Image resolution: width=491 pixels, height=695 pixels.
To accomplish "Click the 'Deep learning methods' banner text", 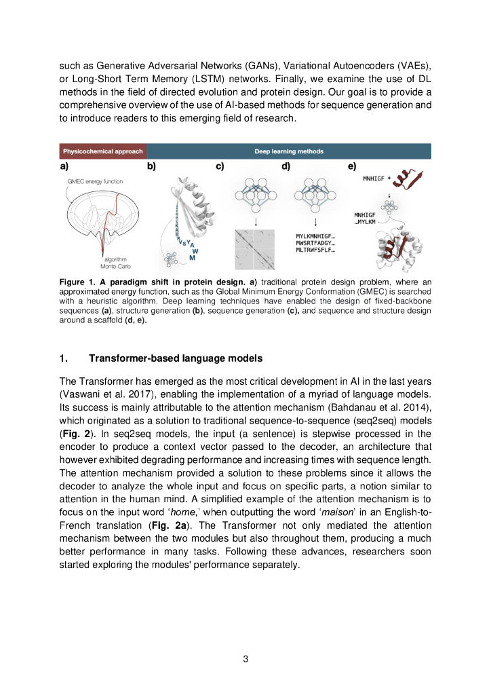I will [x=289, y=151].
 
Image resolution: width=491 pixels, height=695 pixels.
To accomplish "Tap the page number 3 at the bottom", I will [x=245, y=657].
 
